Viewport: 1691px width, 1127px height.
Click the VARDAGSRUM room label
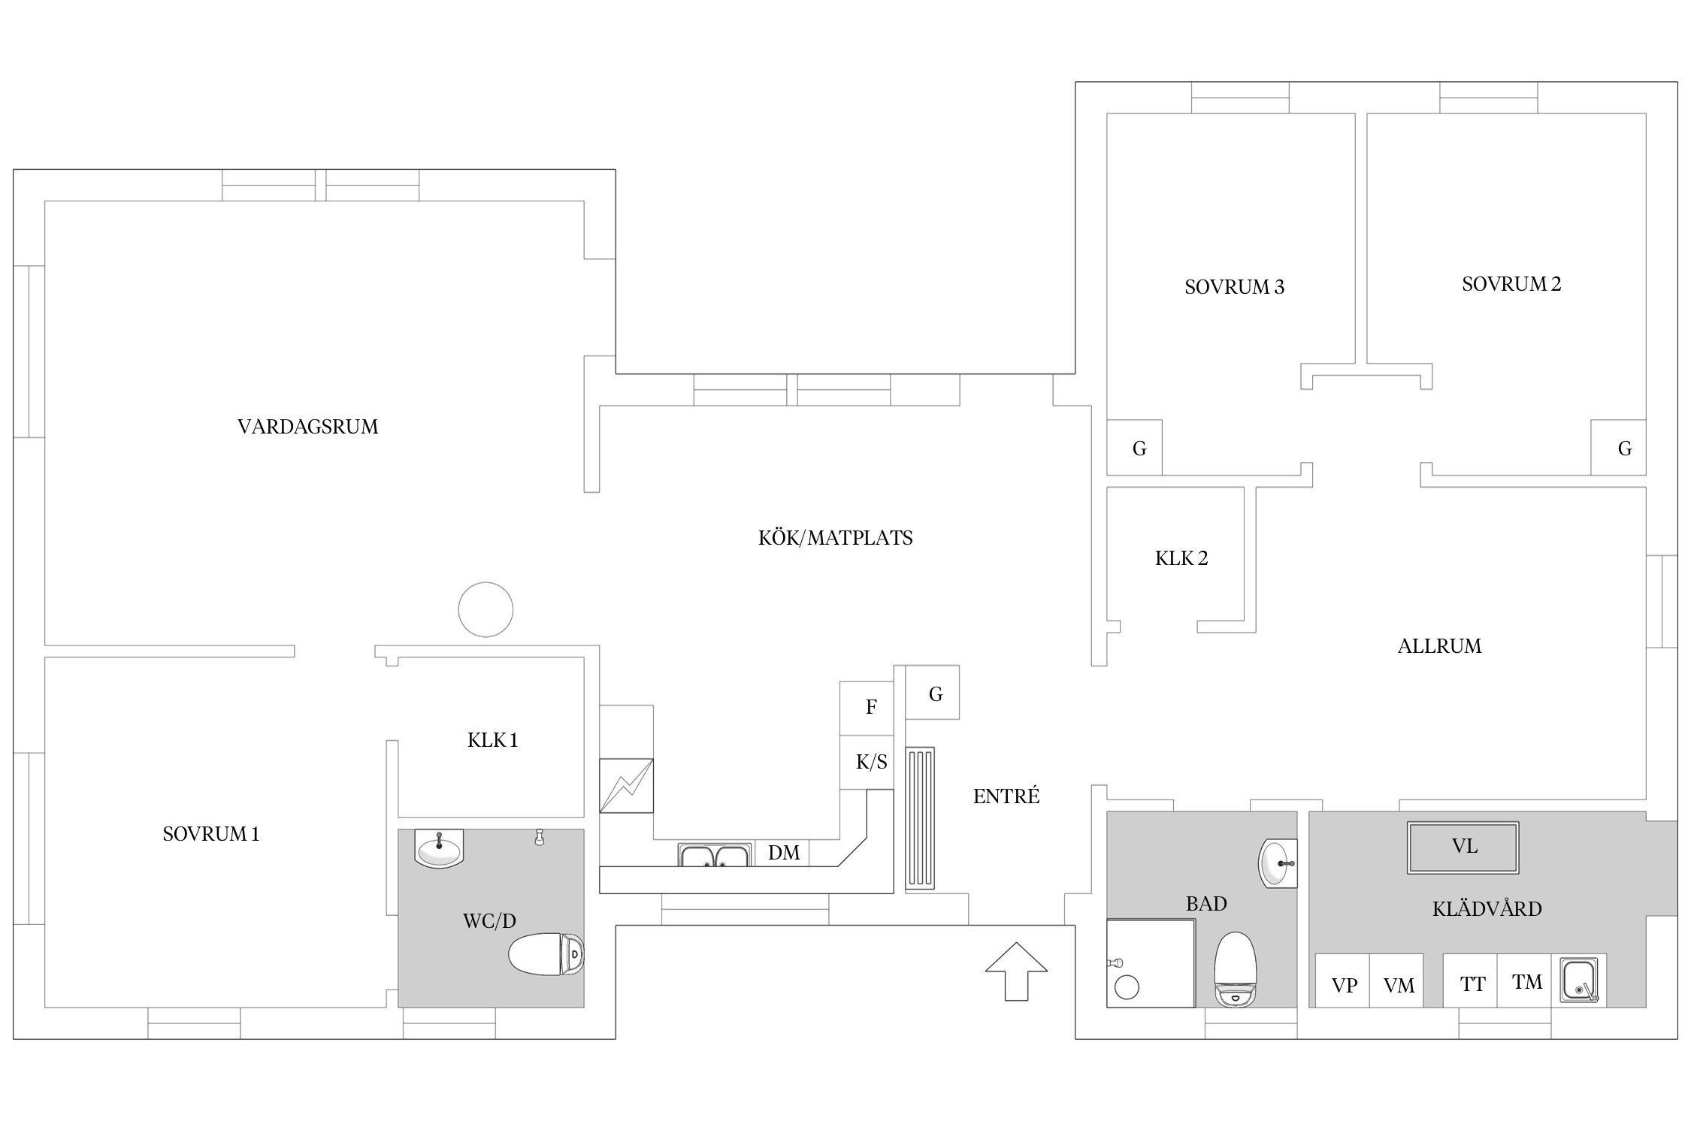307,427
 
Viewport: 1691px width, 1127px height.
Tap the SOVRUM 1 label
211,834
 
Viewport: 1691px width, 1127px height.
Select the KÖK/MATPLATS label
835,538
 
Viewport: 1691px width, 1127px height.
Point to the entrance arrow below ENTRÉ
1016,971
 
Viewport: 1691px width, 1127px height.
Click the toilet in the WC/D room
546,954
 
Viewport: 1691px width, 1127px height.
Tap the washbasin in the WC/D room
439,848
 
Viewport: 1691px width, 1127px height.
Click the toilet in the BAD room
1236,969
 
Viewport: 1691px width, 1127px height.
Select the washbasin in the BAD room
1278,863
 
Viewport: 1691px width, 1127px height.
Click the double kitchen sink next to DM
715,855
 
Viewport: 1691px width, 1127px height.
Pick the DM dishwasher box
783,853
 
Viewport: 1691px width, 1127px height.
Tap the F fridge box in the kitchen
867,709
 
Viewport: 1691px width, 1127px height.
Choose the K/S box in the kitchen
867,763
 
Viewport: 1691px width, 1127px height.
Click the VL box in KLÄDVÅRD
1463,848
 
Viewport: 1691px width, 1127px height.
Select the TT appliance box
1470,981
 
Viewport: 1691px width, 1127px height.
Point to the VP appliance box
1342,981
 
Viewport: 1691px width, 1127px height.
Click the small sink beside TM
1581,980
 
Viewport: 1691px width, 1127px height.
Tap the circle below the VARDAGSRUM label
486,609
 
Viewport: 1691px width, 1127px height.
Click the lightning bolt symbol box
626,786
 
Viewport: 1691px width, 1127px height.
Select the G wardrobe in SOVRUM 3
1134,448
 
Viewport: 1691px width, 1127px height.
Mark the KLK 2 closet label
1181,558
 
